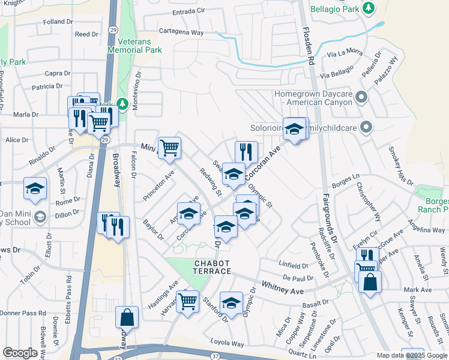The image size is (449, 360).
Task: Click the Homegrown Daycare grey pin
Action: (361, 97)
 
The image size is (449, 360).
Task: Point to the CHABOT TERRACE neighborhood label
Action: (212, 267)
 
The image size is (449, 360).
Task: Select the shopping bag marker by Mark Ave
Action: (370, 281)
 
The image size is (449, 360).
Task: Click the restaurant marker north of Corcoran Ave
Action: (246, 151)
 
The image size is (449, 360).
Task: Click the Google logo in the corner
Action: (20, 353)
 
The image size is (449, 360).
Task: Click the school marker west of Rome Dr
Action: (35, 188)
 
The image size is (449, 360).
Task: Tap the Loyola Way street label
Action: (227, 344)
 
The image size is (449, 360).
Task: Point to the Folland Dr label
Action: (58, 22)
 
